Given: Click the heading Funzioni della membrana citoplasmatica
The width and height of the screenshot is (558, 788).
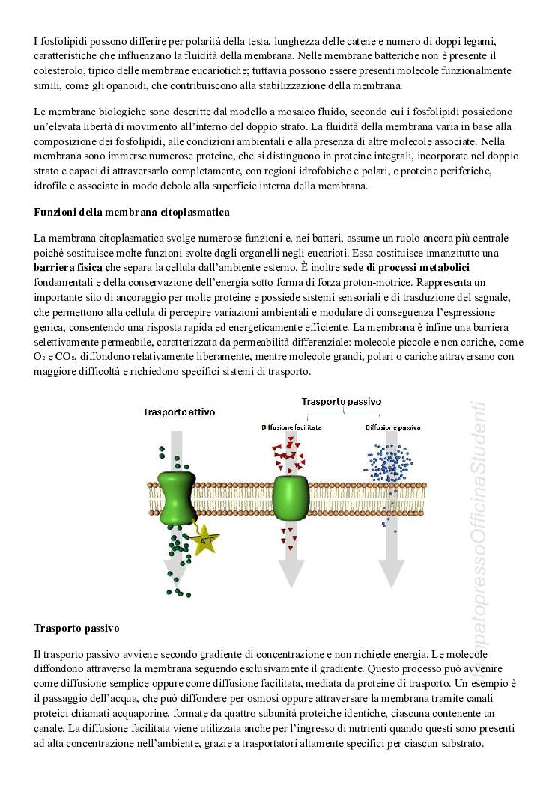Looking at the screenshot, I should tap(132, 213).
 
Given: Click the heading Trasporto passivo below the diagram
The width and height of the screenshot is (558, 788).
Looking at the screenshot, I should tap(76, 627).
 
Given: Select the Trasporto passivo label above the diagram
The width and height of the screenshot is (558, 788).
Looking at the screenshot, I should tap(341, 401).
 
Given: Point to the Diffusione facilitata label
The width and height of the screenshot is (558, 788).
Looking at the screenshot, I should tap(291, 427).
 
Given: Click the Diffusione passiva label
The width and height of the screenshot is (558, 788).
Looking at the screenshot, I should tap(392, 427).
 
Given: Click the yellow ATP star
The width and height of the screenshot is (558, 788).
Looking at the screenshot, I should tap(203, 538).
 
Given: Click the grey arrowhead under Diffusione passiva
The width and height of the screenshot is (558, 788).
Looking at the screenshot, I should tap(391, 572).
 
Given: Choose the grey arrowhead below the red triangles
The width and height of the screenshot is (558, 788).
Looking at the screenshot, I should tap(291, 572).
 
